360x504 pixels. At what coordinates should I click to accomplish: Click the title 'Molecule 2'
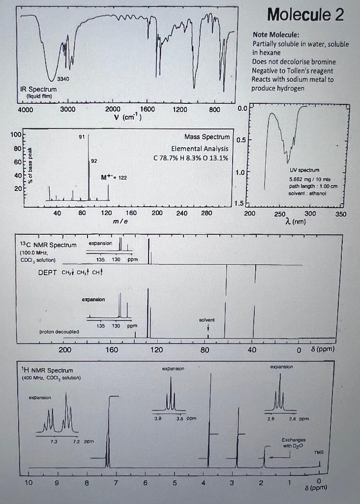click(305, 15)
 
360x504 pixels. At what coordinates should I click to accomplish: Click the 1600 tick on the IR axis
click(147, 109)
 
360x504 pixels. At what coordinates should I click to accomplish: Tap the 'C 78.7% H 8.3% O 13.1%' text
click(192, 157)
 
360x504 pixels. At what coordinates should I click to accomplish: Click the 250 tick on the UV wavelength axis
click(279, 214)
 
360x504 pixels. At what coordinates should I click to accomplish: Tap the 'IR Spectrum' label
click(38, 89)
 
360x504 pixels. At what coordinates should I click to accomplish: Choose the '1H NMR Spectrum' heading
click(47, 370)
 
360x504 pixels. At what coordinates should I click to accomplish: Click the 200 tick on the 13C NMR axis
click(65, 350)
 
